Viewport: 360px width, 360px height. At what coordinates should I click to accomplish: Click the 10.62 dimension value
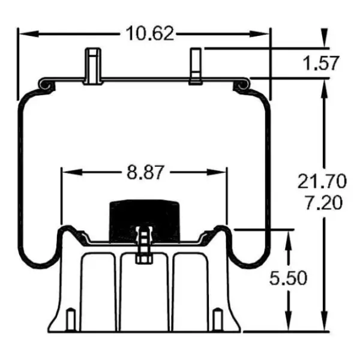pos(150,34)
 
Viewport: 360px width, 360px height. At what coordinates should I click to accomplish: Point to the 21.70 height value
pos(322,181)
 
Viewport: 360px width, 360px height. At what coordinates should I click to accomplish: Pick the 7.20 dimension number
pos(322,202)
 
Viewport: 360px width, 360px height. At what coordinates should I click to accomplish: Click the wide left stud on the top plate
pos(92,66)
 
